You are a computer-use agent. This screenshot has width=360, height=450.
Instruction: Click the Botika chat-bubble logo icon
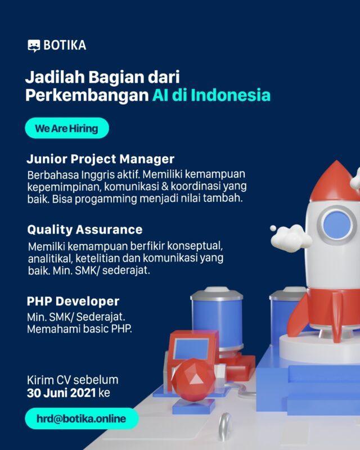pos(34,46)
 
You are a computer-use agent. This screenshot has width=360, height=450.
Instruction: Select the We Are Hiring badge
pos(66,128)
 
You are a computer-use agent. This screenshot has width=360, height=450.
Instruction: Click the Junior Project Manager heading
pos(100,159)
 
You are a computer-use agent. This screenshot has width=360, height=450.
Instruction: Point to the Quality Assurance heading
pos(84,229)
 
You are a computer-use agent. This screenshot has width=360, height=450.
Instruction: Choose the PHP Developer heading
pos(73,301)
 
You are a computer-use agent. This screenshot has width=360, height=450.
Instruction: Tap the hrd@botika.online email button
pos(82,418)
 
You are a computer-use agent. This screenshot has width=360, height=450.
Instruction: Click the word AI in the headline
pos(160,95)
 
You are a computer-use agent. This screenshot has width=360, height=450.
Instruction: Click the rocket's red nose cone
pos(334,178)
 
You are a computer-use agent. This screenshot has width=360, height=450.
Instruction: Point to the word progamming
pos(138,200)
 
